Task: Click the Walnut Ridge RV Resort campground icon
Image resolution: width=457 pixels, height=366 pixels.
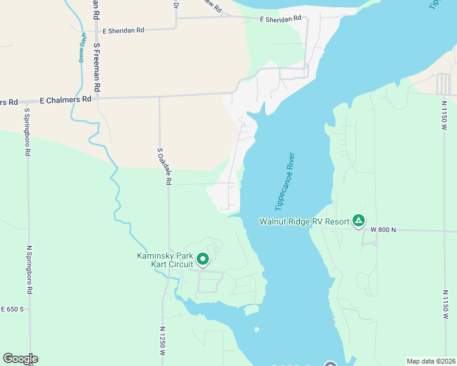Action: (x=359, y=221)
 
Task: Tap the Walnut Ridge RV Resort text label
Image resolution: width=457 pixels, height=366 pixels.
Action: (x=304, y=221)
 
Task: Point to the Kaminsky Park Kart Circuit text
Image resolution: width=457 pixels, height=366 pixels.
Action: (x=164, y=260)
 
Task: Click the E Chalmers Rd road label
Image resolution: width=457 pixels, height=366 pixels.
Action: (x=65, y=99)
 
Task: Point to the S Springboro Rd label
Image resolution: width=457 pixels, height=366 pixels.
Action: (x=27, y=132)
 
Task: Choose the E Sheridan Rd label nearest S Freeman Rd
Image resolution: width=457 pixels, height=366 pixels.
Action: (x=123, y=30)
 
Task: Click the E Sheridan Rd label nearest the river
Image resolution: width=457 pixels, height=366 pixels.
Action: (x=280, y=19)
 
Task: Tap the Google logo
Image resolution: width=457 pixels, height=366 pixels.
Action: (x=20, y=358)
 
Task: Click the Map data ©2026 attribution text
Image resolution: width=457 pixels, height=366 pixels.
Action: (x=431, y=361)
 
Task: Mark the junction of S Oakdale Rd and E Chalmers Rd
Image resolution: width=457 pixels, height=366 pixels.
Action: (x=159, y=96)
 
